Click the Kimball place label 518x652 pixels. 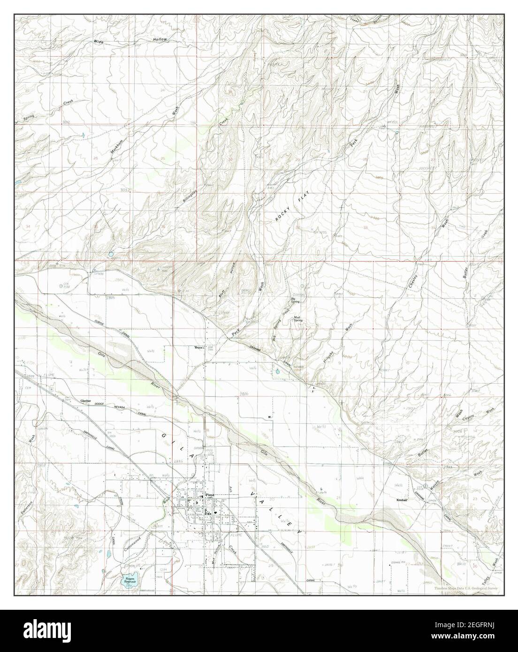pos(403,500)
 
